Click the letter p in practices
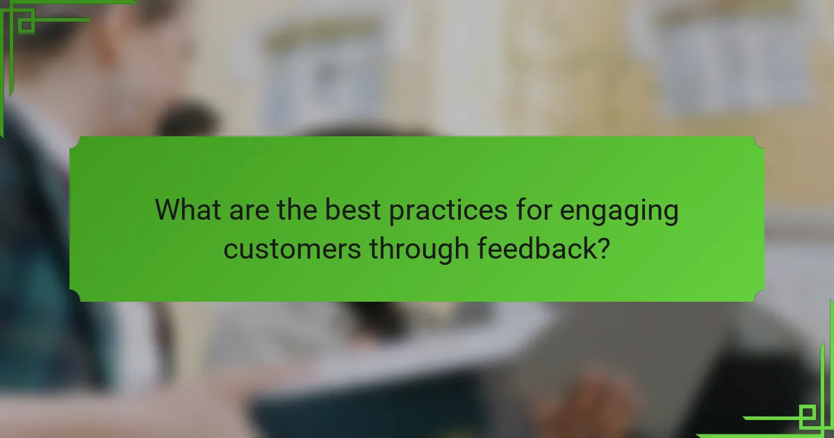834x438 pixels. coord(398,213)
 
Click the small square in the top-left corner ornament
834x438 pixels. coord(26,25)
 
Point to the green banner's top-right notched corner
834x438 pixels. coord(758,142)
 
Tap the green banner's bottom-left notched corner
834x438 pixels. coord(75,296)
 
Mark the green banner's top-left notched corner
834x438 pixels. coord(75,142)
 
